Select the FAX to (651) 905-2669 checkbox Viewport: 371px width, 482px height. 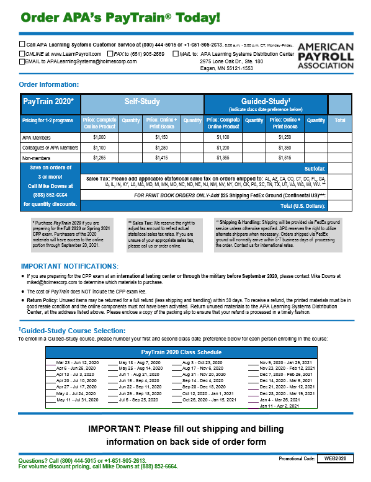coord(109,54)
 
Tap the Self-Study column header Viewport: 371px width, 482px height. coord(142,101)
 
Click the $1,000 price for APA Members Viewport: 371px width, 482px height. coord(99,137)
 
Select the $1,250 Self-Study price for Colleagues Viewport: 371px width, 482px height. coord(161,148)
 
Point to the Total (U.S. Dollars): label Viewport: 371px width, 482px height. coord(303,205)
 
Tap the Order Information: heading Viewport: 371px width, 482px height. coord(49,84)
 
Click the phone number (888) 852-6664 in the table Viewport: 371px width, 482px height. coord(50,194)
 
